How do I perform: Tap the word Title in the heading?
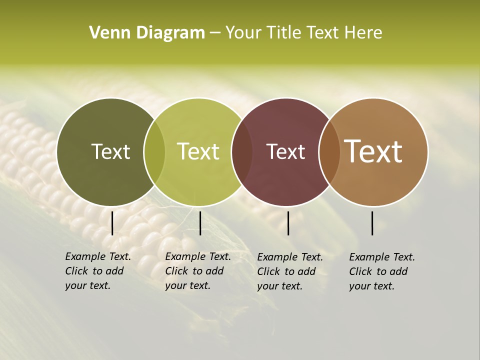pyautogui.click(x=284, y=33)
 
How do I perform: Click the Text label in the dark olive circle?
pyautogui.click(x=110, y=151)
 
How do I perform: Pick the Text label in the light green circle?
pyautogui.click(x=198, y=151)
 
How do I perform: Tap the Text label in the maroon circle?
pyautogui.click(x=285, y=151)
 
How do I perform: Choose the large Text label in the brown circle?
pyautogui.click(x=373, y=151)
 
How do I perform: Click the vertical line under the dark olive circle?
pyautogui.click(x=112, y=223)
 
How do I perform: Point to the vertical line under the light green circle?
pyautogui.click(x=200, y=223)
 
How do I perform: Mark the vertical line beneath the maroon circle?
pyautogui.click(x=288, y=223)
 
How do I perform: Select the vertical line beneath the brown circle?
pyautogui.click(x=372, y=223)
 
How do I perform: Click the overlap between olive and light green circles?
pyautogui.click(x=154, y=152)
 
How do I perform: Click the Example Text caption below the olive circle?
pyautogui.click(x=98, y=271)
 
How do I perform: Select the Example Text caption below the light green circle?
pyautogui.click(x=198, y=271)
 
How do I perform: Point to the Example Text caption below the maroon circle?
pyautogui.click(x=290, y=271)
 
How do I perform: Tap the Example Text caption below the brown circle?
pyautogui.click(x=382, y=271)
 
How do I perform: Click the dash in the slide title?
pyautogui.click(x=215, y=33)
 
